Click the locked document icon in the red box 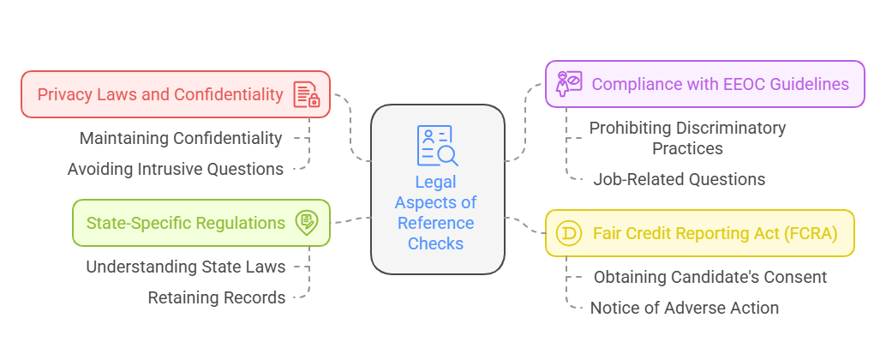pyautogui.click(x=306, y=94)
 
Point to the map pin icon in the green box pyautogui.click(x=306, y=223)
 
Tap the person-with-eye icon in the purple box pyautogui.click(x=569, y=83)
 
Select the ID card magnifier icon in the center pyautogui.click(x=437, y=146)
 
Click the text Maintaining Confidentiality pyautogui.click(x=181, y=138)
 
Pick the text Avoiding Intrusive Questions pyautogui.click(x=176, y=169)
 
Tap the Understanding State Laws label pyautogui.click(x=186, y=267)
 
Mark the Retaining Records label pyautogui.click(x=217, y=297)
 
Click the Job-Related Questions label pyautogui.click(x=679, y=179)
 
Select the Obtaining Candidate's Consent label pyautogui.click(x=710, y=277)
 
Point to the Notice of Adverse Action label pyautogui.click(x=685, y=308)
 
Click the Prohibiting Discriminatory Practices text pyautogui.click(x=687, y=138)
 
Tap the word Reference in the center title pyautogui.click(x=435, y=223)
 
